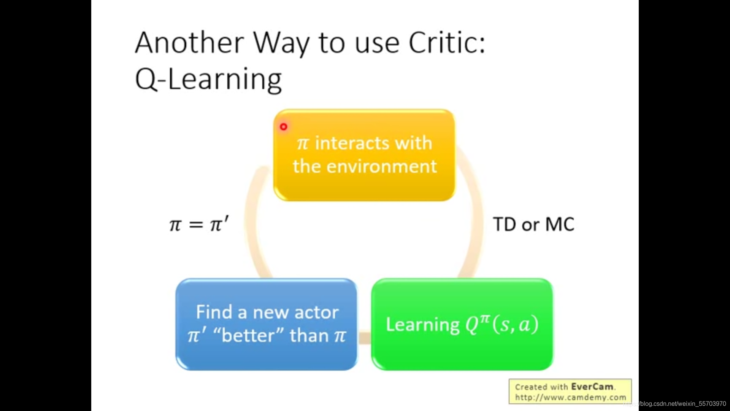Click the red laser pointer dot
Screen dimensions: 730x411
284,127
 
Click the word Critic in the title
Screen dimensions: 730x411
447,42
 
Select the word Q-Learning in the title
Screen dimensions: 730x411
208,79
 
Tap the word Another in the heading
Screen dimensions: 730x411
190,42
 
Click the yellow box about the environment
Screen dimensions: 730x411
364,155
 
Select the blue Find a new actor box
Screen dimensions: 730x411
267,324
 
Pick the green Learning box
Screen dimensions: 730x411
462,324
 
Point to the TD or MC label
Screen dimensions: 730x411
534,224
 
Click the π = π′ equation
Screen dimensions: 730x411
199,224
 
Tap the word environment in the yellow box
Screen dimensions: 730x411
382,167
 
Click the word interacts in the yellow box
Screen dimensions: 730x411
352,143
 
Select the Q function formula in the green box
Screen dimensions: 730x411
502,324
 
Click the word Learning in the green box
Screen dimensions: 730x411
423,325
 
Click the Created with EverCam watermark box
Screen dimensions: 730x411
570,391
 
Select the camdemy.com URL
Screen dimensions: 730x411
571,397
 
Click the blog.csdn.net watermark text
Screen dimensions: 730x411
675,404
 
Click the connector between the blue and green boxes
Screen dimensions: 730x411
364,338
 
